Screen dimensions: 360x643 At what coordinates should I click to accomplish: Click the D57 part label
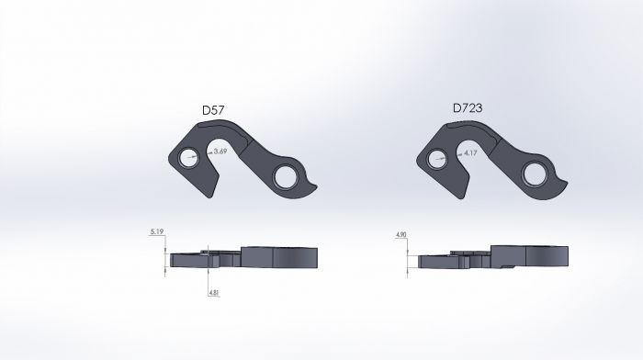[213, 112]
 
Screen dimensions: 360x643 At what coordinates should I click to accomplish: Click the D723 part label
[467, 108]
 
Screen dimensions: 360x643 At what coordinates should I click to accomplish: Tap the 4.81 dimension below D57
[214, 292]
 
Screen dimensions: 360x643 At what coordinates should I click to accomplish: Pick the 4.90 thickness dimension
[400, 236]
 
